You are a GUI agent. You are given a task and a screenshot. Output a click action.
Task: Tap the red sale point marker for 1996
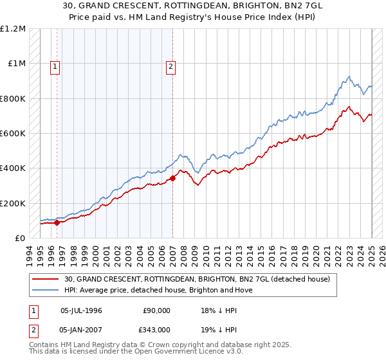tap(57, 222)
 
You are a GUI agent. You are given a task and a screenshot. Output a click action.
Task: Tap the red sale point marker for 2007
tap(172, 178)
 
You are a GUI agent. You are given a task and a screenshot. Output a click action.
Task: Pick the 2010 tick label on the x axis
tap(206, 255)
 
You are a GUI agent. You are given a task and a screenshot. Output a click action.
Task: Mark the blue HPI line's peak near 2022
tap(349, 77)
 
